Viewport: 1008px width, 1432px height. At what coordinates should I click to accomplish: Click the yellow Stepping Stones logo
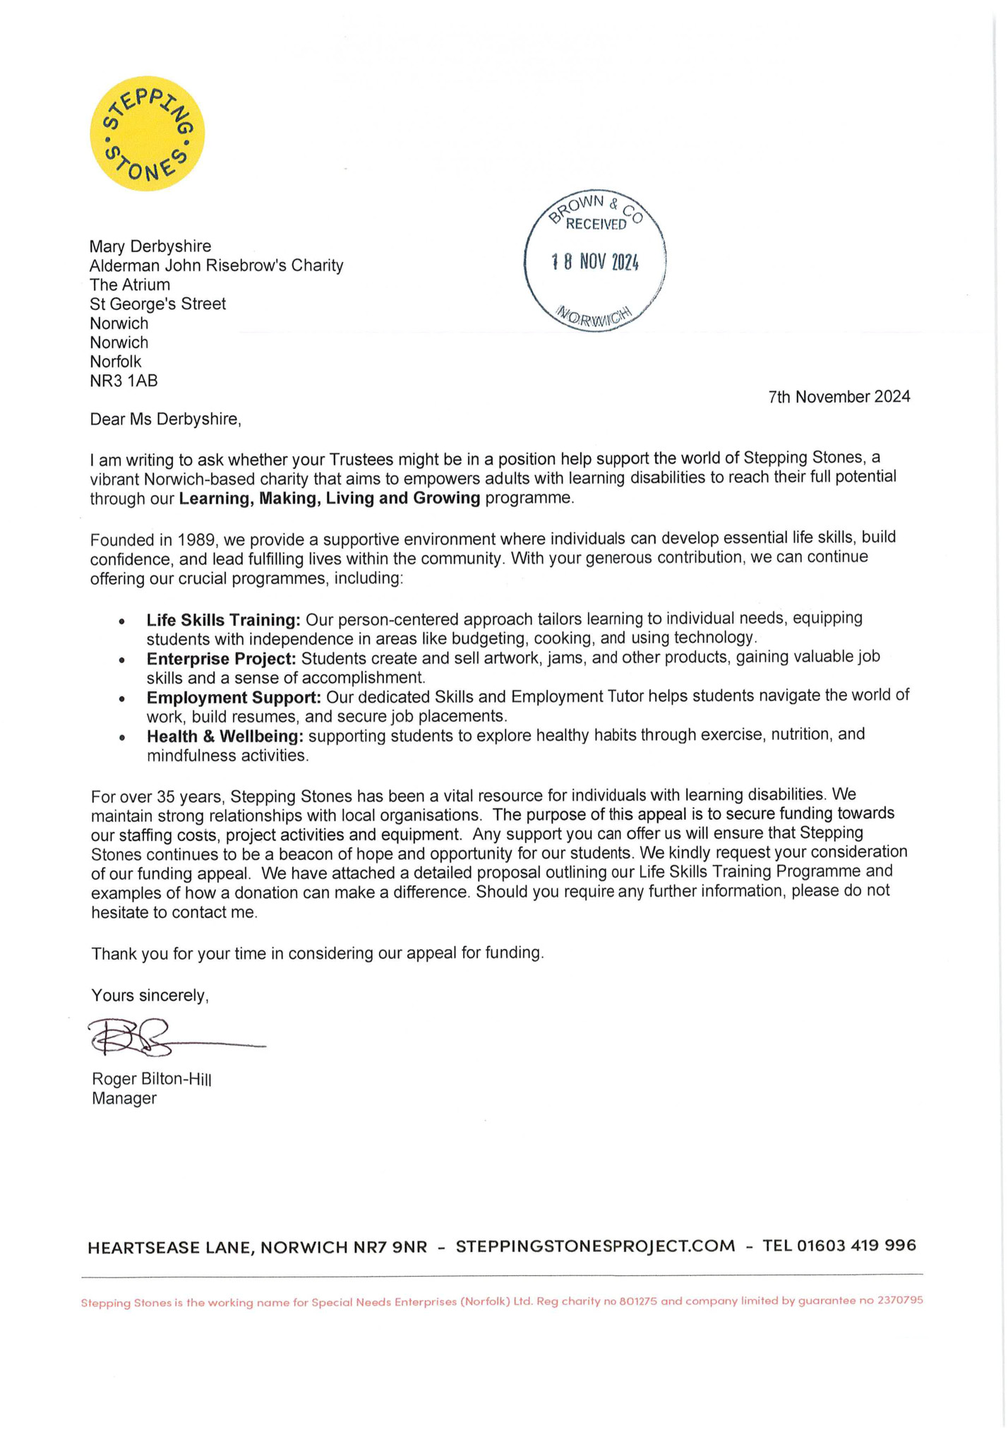(147, 133)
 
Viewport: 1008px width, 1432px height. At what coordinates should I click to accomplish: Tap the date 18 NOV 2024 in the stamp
(594, 263)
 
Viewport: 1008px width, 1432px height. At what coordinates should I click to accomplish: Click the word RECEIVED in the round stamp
(596, 225)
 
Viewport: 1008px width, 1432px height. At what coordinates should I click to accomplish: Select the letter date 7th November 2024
(839, 397)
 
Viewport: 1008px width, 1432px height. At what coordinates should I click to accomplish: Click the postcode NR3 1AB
(124, 381)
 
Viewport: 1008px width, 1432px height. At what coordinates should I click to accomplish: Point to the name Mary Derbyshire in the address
(150, 246)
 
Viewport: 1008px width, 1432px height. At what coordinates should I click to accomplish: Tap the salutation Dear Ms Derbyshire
(165, 419)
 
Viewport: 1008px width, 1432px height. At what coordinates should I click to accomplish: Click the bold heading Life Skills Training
(223, 620)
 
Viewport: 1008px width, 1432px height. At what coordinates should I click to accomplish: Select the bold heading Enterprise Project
(221, 659)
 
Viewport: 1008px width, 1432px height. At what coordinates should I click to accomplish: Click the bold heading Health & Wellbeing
(224, 736)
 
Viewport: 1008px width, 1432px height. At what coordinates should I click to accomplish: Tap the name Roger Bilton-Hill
(151, 1079)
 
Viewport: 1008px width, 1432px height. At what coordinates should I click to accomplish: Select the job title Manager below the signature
(124, 1099)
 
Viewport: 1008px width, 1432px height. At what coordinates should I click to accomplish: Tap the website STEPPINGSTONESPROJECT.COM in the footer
(595, 1246)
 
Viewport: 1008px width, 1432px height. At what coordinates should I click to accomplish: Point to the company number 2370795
(900, 1300)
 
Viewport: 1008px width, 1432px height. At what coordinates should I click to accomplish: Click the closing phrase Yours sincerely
(150, 996)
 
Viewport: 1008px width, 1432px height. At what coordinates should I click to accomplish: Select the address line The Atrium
(130, 285)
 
